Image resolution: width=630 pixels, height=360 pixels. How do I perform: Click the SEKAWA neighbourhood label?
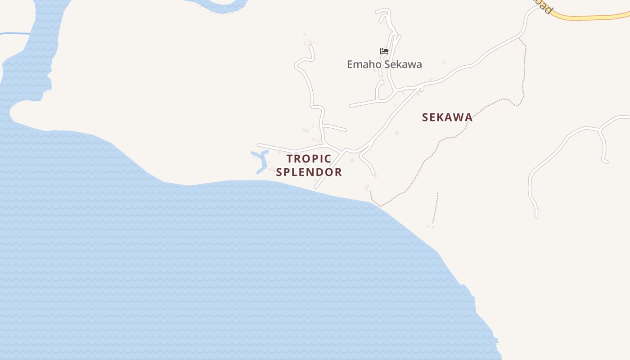coord(447,117)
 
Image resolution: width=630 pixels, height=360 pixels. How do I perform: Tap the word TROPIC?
coord(309,159)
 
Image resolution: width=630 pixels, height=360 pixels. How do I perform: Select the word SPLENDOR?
coord(309,172)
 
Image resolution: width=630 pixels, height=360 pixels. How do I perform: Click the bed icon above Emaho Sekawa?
coord(384,51)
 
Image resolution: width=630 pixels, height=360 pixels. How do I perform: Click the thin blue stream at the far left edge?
coord(13,34)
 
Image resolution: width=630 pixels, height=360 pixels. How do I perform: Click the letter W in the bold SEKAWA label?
coord(455,117)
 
